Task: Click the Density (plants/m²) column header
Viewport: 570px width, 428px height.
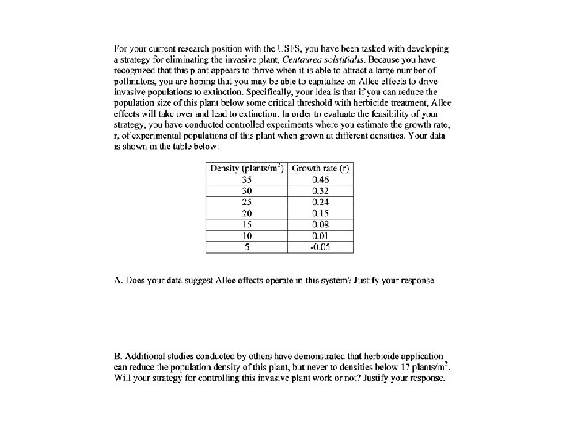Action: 247,169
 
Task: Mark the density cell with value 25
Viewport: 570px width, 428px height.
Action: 247,202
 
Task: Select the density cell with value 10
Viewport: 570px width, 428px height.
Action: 247,235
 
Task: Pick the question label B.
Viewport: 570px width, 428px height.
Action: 118,357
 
